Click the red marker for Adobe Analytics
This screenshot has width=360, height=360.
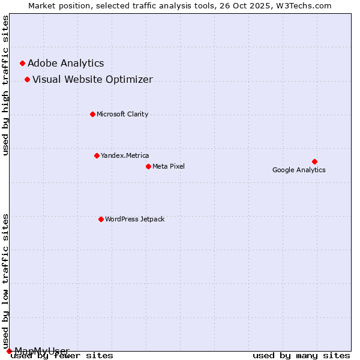(22, 63)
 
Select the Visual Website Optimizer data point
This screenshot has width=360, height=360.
(27, 79)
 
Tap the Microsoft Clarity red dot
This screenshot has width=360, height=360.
(92, 114)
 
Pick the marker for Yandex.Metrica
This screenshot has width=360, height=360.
(97, 155)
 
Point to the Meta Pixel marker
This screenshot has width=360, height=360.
(148, 166)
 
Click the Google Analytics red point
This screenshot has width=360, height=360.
(314, 161)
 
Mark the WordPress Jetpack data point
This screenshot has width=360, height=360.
(101, 219)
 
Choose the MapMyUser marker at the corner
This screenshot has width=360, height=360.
(9, 351)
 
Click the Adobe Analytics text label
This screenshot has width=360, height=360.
(65, 64)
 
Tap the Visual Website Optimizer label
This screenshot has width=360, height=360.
(92, 80)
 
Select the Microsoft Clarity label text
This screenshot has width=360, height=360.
(122, 115)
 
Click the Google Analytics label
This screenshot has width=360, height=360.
(299, 170)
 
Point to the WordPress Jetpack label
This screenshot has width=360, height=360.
(134, 220)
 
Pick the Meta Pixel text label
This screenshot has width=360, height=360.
(169, 167)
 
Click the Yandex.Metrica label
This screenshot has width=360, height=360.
(125, 156)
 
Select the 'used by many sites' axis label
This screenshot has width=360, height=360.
(301, 356)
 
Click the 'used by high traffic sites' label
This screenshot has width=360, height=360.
(6, 85)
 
